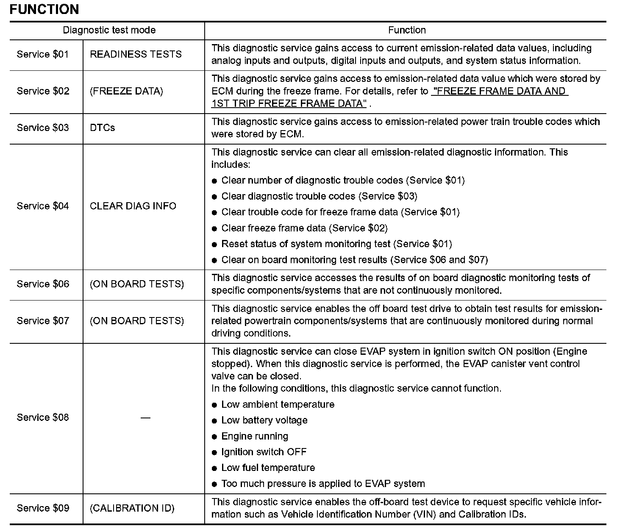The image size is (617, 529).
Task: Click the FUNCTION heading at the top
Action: tap(44, 9)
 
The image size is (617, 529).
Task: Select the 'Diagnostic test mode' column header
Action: tap(109, 30)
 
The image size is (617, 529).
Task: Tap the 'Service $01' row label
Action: tap(43, 54)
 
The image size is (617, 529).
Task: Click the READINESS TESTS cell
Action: tap(136, 54)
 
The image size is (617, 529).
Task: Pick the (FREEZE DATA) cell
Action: tap(126, 91)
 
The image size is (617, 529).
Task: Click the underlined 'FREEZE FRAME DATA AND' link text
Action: tap(499, 91)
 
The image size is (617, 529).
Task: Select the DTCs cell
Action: tap(103, 128)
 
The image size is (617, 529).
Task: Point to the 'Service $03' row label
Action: tap(43, 128)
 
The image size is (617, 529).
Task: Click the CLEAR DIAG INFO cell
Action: tap(133, 206)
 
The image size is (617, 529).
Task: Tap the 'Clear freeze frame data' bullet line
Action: tap(304, 228)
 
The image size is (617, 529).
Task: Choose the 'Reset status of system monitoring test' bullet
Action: tap(336, 244)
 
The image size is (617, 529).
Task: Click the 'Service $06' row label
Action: tap(43, 284)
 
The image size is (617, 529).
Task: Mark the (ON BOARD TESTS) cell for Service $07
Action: tap(137, 321)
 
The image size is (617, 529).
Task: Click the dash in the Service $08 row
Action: tap(145, 418)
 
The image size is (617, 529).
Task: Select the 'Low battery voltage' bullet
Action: tap(264, 420)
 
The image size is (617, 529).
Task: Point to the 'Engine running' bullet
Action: tap(255, 436)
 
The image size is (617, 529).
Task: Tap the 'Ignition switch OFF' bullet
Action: tap(264, 452)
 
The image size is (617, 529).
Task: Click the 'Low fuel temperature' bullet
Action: tap(268, 468)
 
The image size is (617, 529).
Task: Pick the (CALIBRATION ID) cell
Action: tap(132, 508)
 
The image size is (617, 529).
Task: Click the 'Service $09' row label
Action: tap(43, 508)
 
